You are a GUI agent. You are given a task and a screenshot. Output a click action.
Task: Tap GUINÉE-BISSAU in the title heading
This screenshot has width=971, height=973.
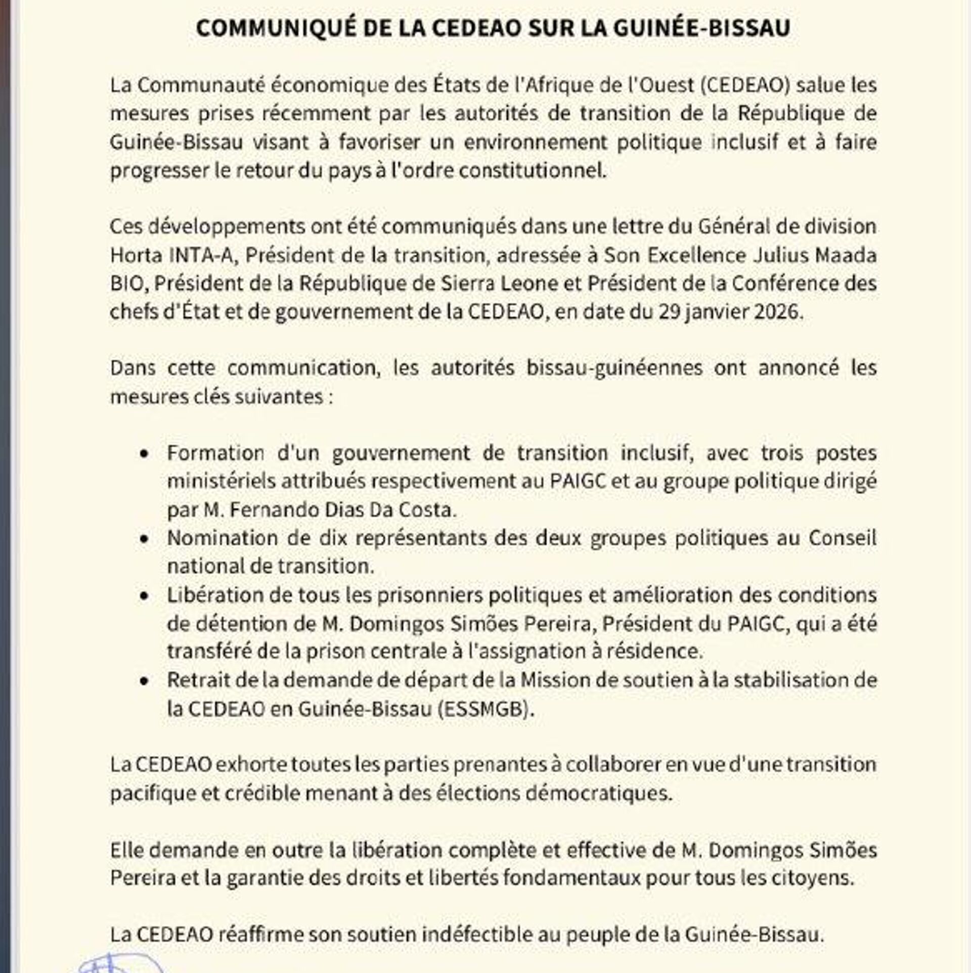tap(702, 28)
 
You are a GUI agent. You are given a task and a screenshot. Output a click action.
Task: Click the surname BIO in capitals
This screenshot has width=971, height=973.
tap(127, 283)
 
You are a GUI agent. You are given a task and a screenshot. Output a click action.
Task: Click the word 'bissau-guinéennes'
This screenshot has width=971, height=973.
tap(614, 368)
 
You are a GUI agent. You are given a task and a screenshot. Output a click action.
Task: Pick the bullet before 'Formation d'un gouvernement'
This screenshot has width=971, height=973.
tap(145, 454)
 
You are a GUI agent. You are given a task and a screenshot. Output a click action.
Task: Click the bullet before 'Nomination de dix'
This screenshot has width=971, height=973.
tap(145, 539)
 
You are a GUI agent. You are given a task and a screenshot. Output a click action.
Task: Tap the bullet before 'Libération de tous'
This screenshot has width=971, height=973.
tap(145, 596)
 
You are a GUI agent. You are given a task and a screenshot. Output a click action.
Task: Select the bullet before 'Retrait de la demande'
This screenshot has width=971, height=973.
tap(145, 681)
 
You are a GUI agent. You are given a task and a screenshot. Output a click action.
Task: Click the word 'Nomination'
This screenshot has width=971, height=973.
tap(223, 538)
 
